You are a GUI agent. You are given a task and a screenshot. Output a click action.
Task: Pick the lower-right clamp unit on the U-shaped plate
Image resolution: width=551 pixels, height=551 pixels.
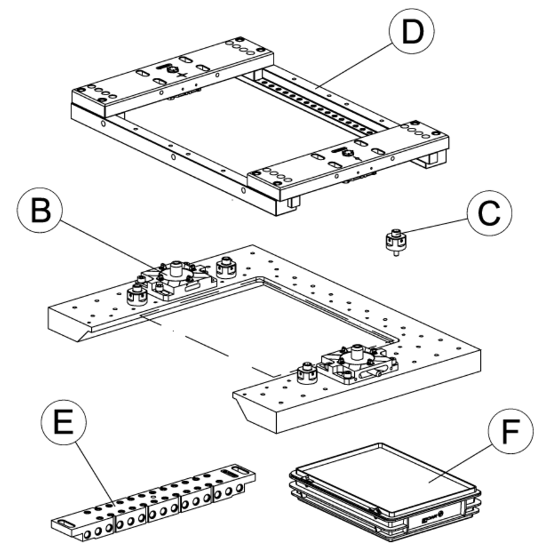tap(357, 364)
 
